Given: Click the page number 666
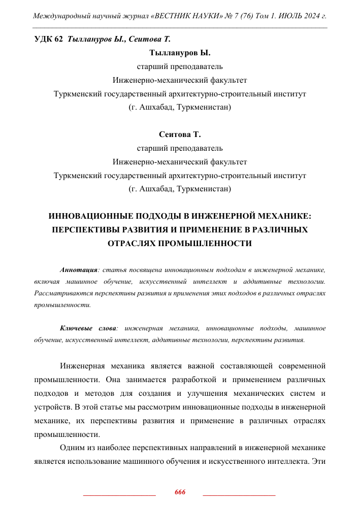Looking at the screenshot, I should tap(180, 493).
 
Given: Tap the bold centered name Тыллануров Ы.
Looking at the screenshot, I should tap(180, 53).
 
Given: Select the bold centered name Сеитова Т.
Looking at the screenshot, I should tap(180, 135).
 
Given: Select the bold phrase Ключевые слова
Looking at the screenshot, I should tap(88, 328).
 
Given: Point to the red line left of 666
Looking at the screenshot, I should tap(119, 494).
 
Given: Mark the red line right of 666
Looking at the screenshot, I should tap(239, 494).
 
